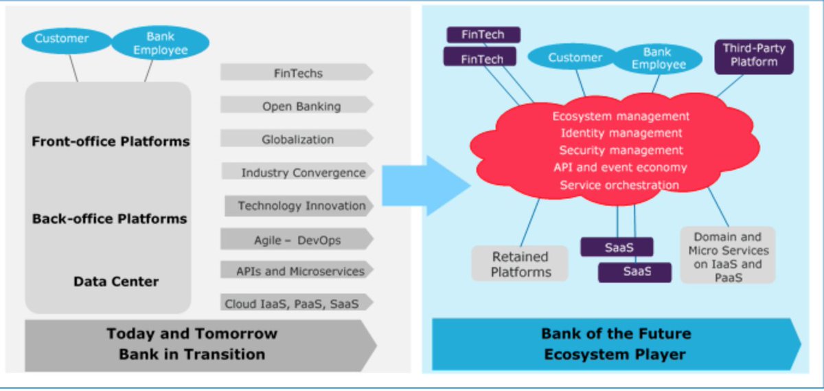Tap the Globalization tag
point(297,139)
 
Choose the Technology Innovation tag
point(300,205)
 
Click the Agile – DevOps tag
point(297,240)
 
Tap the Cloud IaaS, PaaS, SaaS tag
point(297,303)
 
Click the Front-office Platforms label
point(111,142)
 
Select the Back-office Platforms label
point(110,219)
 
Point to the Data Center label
point(116,281)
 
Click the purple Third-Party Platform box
point(754,56)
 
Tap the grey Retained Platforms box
point(520,264)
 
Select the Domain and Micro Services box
point(728,256)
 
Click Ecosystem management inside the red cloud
point(621,116)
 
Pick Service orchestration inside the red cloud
point(619,185)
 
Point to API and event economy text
point(620,167)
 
